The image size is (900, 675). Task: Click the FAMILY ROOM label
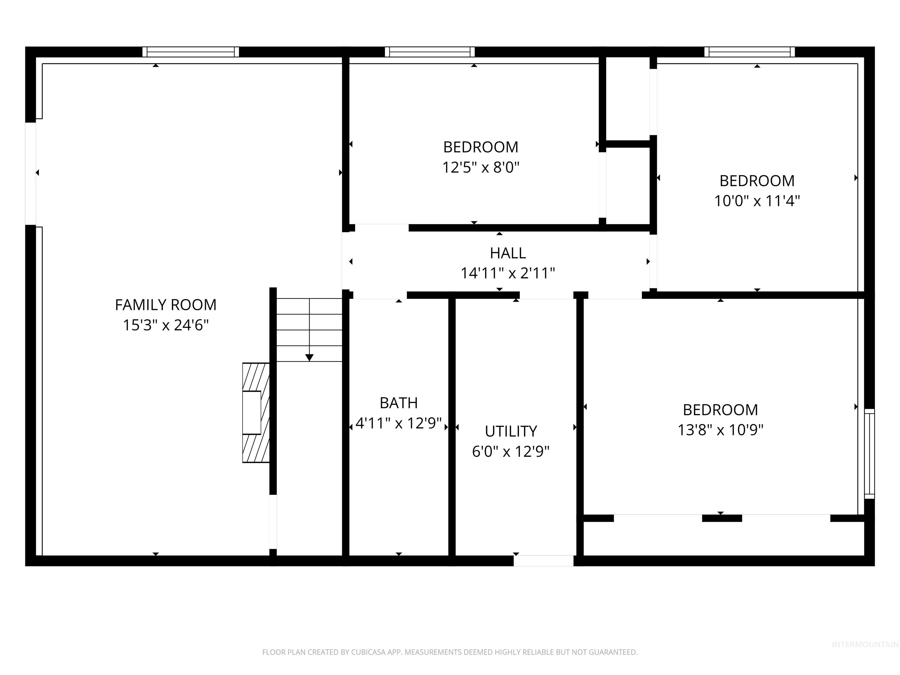(x=165, y=305)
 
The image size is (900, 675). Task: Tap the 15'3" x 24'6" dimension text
(x=165, y=325)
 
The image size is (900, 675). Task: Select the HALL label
(x=507, y=253)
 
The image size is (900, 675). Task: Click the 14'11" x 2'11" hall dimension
(x=507, y=273)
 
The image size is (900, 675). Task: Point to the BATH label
(x=398, y=403)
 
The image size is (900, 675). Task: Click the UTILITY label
(x=511, y=431)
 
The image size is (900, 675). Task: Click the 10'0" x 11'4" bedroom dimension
(x=757, y=201)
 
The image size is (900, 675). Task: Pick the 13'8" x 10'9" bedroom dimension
(x=720, y=430)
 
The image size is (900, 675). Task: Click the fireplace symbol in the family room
(x=255, y=412)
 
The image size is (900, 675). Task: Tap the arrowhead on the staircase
(x=309, y=358)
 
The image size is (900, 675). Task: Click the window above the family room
(x=190, y=52)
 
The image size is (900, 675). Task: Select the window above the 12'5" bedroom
(x=430, y=52)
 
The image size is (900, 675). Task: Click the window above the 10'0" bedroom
(x=749, y=52)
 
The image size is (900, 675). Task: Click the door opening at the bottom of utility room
(x=543, y=561)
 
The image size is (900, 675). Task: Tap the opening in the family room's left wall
(x=30, y=173)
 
